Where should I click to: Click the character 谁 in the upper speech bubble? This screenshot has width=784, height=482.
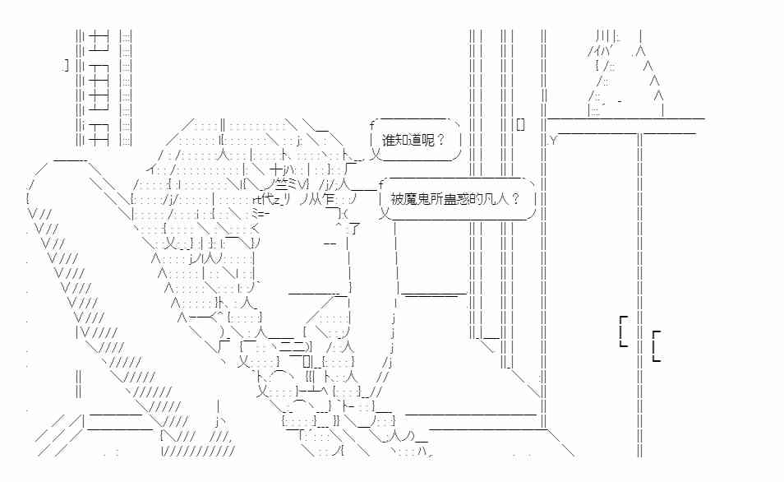[389, 140]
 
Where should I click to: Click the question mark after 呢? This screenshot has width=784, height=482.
[440, 140]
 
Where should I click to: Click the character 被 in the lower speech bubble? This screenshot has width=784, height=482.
[397, 199]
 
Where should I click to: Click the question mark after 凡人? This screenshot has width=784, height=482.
[516, 199]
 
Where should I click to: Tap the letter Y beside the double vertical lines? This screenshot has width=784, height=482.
[553, 141]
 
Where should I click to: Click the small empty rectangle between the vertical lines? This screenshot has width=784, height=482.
[520, 124]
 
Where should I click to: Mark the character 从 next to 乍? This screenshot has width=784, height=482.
[315, 199]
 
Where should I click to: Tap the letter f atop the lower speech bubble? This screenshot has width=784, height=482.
[381, 183]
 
